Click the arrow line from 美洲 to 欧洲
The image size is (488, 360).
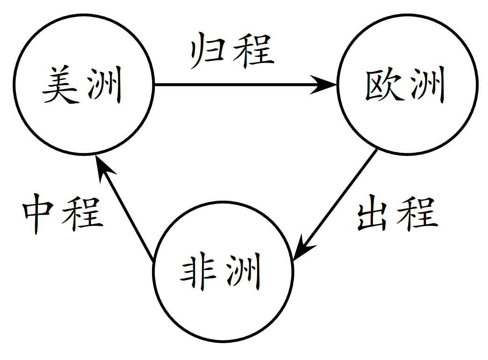point(233,85)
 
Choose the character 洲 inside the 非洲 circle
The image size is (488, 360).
point(244,273)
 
